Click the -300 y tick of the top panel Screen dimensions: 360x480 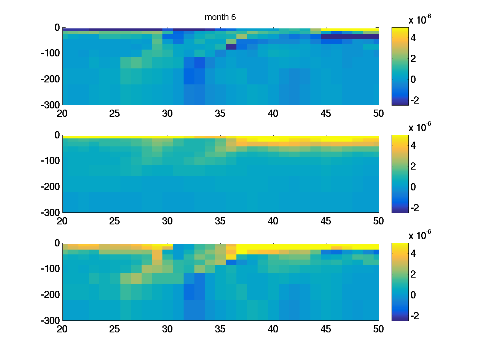click(x=50, y=105)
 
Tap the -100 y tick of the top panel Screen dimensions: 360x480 click(x=50, y=53)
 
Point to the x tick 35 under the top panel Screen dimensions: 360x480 click(x=220, y=113)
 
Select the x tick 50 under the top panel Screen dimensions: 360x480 click(x=378, y=113)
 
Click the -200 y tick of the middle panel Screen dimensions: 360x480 click(x=50, y=187)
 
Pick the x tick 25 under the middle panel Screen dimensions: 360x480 click(x=115, y=221)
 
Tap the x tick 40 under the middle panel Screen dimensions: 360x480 click(x=273, y=221)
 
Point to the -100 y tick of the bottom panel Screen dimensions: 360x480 click(x=50, y=269)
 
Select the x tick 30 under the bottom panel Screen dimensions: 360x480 click(x=168, y=329)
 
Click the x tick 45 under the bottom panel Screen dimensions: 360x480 click(x=326, y=329)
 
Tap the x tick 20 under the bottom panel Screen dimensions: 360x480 click(x=62, y=329)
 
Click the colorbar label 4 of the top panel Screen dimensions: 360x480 click(x=418, y=38)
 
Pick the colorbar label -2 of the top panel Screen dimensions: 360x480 click(x=416, y=100)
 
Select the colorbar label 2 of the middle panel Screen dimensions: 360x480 click(x=418, y=166)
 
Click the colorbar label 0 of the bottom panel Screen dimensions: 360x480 click(x=418, y=295)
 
